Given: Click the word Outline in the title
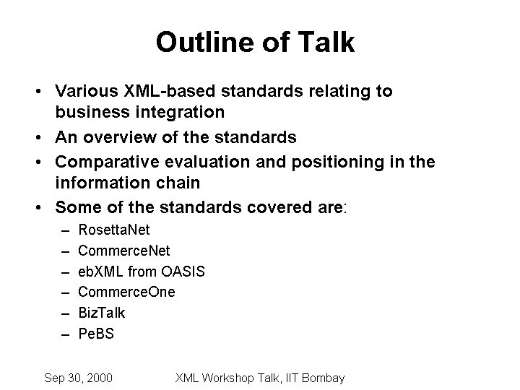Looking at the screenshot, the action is tap(206, 42).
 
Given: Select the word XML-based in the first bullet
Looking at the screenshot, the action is tap(170, 91).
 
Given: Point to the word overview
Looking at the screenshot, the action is tap(120, 137).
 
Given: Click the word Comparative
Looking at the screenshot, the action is tap(107, 162).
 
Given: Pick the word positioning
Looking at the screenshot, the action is tap(337, 162).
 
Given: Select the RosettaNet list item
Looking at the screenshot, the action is tap(114, 230).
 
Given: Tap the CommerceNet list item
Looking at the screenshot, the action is tap(124, 251).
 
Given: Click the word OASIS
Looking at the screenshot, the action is tap(183, 272).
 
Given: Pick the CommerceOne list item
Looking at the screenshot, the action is tap(126, 292).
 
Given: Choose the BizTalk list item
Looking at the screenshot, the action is tap(102, 313).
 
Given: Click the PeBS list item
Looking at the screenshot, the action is tap(96, 334).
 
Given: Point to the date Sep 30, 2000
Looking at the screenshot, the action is tap(78, 378).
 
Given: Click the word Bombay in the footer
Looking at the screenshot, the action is tap(324, 378).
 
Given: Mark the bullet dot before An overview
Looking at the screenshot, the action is tap(38, 137).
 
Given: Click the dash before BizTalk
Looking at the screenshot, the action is tap(66, 313).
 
